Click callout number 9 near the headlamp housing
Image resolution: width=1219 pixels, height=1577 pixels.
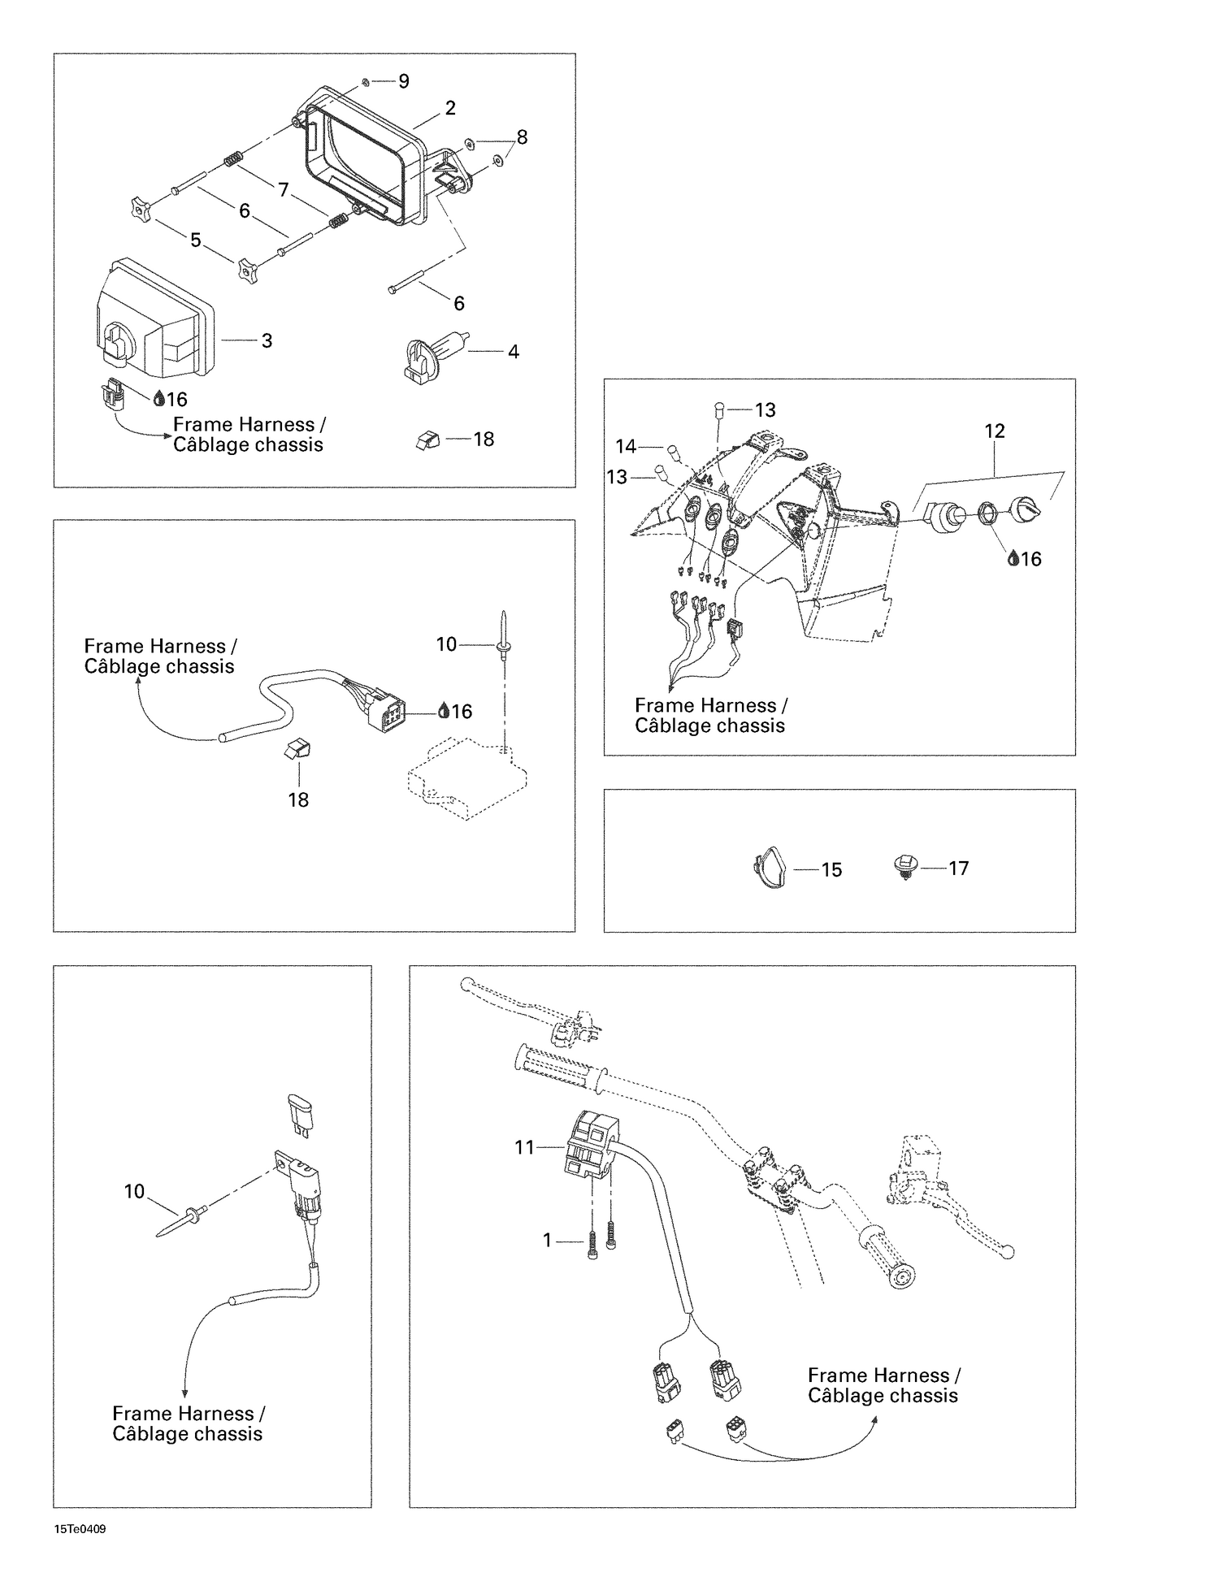pos(403,80)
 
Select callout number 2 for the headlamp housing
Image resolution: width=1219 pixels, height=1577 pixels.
pos(450,108)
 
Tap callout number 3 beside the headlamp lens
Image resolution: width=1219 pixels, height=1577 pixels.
pos(267,341)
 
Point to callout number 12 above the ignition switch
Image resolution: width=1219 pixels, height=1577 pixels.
pos(995,431)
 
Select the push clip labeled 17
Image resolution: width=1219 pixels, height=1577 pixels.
pos(904,868)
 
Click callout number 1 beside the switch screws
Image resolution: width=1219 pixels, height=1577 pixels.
pos(547,1240)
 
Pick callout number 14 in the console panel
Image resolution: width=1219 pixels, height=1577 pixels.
pos(626,447)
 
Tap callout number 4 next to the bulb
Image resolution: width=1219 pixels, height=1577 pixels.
pos(513,352)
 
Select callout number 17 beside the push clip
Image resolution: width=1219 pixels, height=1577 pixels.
pos(959,869)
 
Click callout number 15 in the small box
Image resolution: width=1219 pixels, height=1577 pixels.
pos(831,870)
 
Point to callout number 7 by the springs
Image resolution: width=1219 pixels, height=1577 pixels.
pos(283,190)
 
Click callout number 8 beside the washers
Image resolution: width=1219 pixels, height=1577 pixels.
pos(522,137)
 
